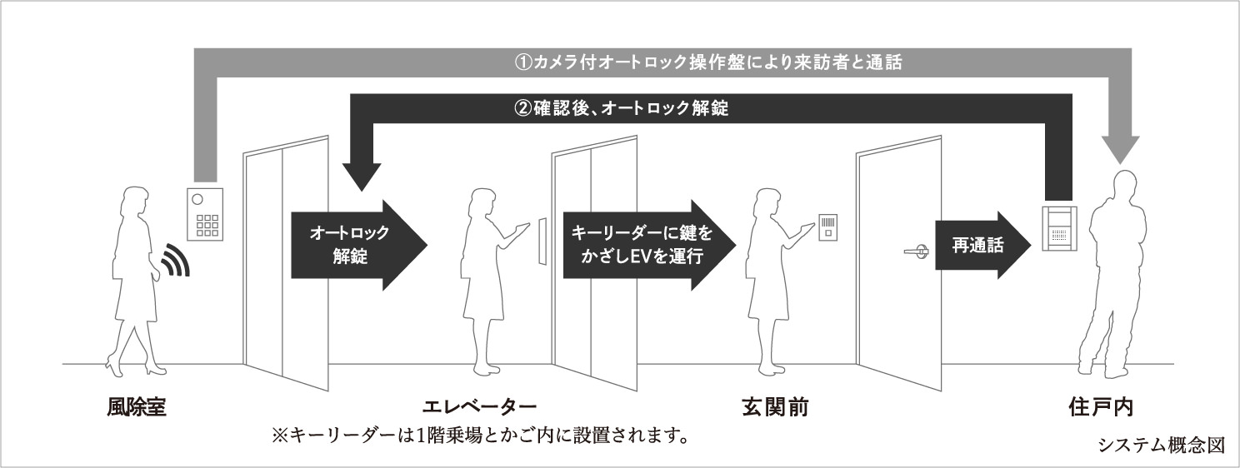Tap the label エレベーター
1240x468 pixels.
479,408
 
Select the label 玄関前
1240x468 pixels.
775,408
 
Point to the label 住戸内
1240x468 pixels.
1101,408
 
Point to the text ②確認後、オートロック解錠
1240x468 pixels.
621,108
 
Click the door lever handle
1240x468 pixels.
915,248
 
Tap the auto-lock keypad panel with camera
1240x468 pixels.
204,213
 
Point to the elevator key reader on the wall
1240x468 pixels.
542,241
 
